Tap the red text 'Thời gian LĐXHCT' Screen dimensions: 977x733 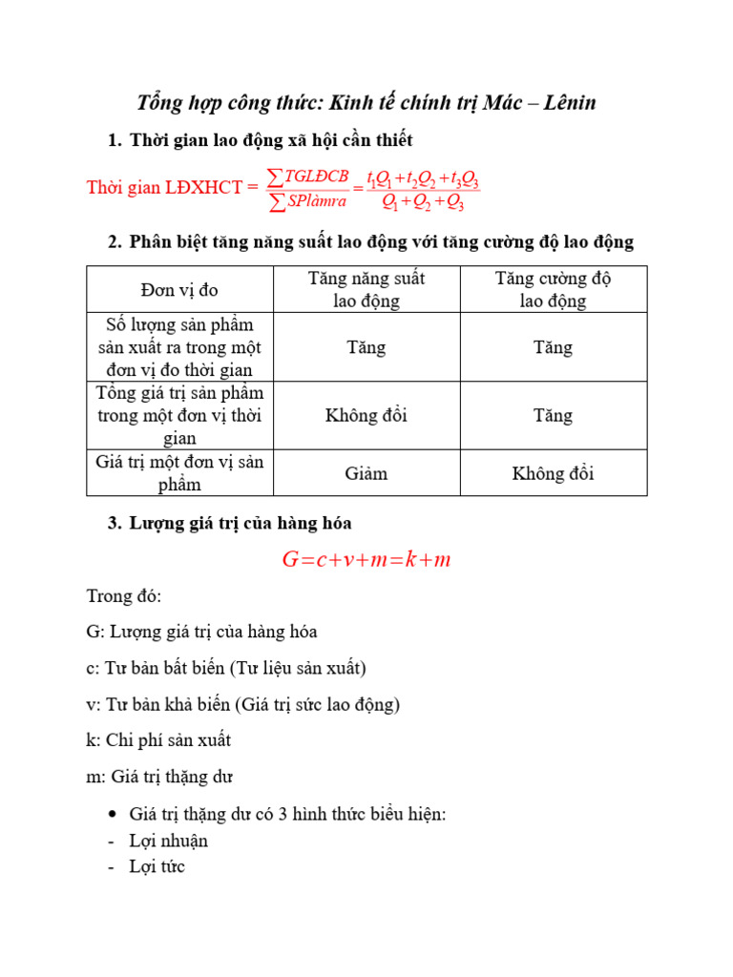tap(164, 187)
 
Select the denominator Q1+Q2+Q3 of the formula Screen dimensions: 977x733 tap(423, 201)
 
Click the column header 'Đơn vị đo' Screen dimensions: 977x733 tap(178, 289)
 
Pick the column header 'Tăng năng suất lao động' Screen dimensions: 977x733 tap(366, 289)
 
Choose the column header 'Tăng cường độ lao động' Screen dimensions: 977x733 tap(553, 289)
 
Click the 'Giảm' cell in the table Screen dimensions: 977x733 tap(366, 473)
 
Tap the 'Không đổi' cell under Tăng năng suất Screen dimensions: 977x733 tap(366, 416)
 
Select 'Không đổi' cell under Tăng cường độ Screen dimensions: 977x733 tap(553, 473)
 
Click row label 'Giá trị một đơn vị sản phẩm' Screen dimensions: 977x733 tap(179, 473)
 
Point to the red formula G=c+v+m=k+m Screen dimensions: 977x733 tap(366, 560)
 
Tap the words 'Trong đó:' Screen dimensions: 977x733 tap(124, 596)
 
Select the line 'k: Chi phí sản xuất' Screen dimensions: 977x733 tap(158, 740)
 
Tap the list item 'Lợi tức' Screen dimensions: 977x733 tap(158, 866)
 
